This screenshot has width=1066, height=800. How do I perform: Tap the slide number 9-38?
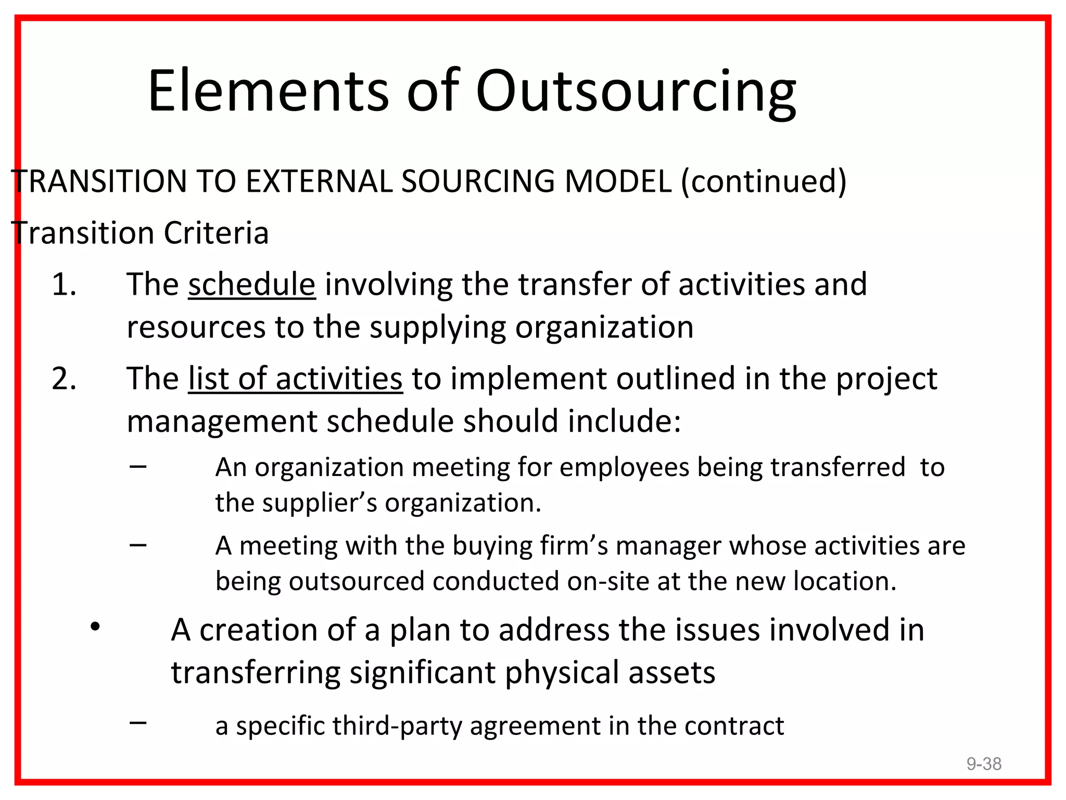[984, 764]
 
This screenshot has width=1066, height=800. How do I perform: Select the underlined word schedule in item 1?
[252, 285]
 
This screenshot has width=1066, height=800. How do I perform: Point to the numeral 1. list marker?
[64, 285]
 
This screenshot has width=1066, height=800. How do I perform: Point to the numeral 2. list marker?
[64, 379]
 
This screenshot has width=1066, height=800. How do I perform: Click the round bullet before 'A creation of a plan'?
[95, 627]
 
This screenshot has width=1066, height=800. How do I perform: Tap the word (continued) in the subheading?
[764, 182]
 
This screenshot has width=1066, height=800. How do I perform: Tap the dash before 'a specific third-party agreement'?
[138, 722]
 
